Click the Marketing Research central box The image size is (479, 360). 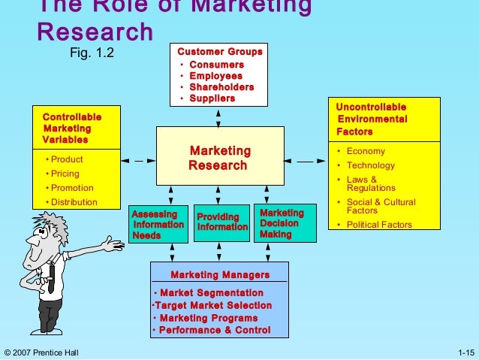[220, 156]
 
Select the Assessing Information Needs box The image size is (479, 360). [158, 223]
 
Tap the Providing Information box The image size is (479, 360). [221, 222]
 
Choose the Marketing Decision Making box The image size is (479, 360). [283, 223]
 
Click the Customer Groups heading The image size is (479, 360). [219, 52]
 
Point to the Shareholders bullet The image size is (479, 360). [221, 87]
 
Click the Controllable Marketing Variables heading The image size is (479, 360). [72, 129]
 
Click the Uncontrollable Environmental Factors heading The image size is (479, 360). [372, 119]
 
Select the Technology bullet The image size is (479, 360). [370, 165]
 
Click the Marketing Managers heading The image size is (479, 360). [219, 274]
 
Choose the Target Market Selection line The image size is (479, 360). [212, 306]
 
